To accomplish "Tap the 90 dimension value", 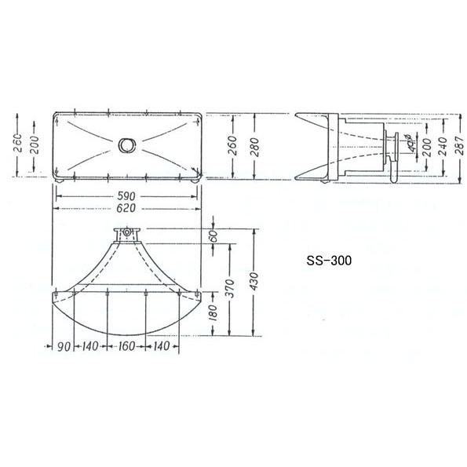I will pos(64,346).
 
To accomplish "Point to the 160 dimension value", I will pos(126,346).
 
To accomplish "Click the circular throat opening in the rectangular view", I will pos(126,146).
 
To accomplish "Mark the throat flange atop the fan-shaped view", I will pos(126,235).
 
